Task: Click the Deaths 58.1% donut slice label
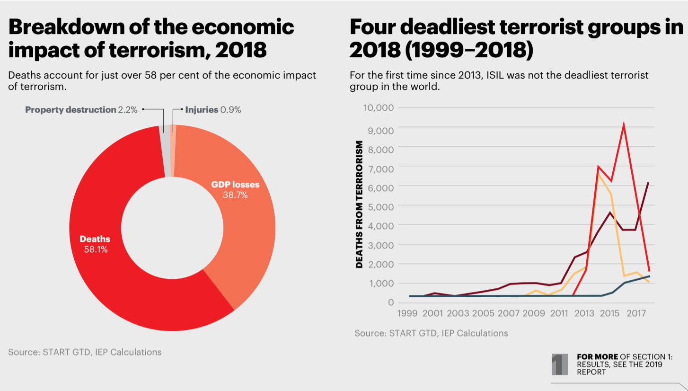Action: click(x=95, y=244)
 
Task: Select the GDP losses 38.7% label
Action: click(x=235, y=189)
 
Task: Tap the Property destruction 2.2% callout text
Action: click(x=81, y=110)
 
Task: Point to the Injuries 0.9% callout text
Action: click(x=213, y=110)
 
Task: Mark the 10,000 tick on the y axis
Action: click(x=378, y=107)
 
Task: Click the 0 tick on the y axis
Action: click(x=391, y=302)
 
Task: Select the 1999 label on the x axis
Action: click(x=407, y=313)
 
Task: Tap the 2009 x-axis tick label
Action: click(x=534, y=313)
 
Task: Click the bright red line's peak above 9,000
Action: click(x=624, y=125)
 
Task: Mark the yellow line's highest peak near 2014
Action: click(x=599, y=174)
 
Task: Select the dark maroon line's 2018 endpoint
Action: click(x=648, y=183)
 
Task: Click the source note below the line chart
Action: click(x=431, y=333)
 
